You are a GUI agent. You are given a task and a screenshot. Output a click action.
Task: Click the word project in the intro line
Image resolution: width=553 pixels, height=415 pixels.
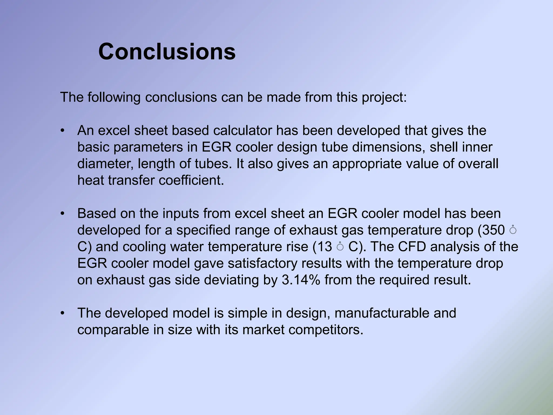pyautogui.click(x=384, y=97)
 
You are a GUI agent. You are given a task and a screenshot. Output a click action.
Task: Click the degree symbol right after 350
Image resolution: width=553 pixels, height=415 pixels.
pyautogui.click(x=512, y=230)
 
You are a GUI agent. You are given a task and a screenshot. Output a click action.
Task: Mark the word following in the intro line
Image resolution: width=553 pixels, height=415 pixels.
pyautogui.click(x=114, y=97)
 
